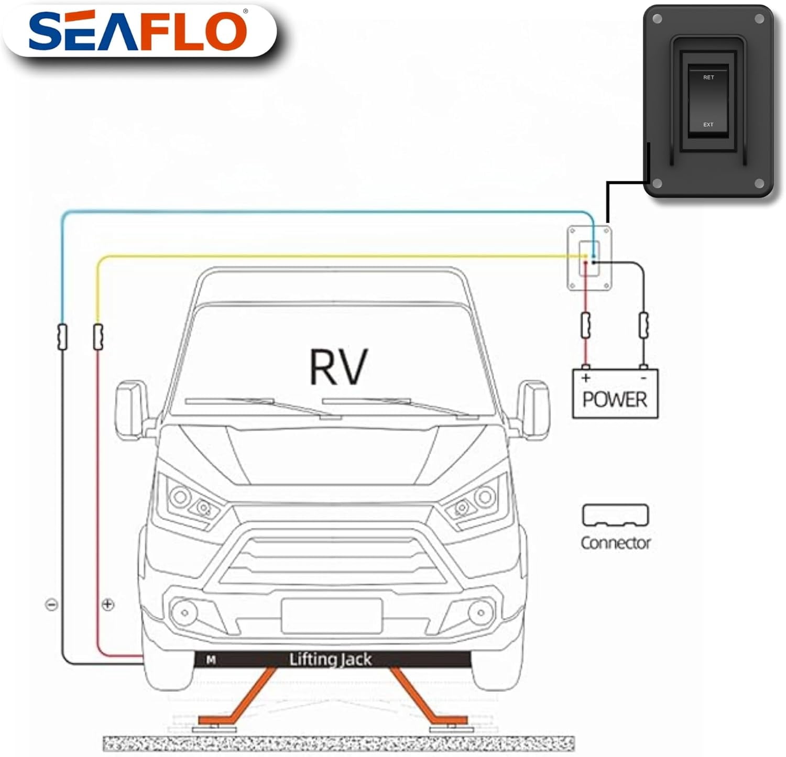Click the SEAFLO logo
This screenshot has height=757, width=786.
pyautogui.click(x=138, y=31)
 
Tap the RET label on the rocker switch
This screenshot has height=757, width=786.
pyautogui.click(x=708, y=78)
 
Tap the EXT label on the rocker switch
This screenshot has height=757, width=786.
pyautogui.click(x=708, y=125)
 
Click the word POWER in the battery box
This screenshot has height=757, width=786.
pyautogui.click(x=615, y=400)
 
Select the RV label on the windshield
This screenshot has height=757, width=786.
pyautogui.click(x=339, y=367)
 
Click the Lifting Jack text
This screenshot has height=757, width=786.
pyautogui.click(x=330, y=659)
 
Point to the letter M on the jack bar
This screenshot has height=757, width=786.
pyautogui.click(x=211, y=660)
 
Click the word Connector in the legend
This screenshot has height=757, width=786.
pyautogui.click(x=616, y=543)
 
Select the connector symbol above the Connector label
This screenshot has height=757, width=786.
pyautogui.click(x=615, y=515)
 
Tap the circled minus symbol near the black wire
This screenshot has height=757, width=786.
pyautogui.click(x=51, y=605)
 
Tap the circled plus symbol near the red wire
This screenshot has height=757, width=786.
pyautogui.click(x=107, y=605)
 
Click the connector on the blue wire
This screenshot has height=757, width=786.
pyautogui.click(x=62, y=337)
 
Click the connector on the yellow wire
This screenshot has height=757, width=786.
pyautogui.click(x=98, y=337)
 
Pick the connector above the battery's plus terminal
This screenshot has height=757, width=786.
pyautogui.click(x=586, y=325)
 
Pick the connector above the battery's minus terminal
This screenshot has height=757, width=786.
pyautogui.click(x=643, y=325)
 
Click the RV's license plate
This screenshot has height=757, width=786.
pyautogui.click(x=332, y=616)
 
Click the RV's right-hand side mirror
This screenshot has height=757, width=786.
pyautogui.click(x=533, y=410)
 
